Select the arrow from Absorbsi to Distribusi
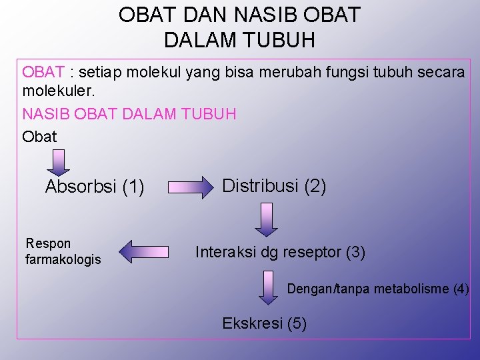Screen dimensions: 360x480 (x=189, y=187)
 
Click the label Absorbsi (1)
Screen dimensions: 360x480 (x=95, y=187)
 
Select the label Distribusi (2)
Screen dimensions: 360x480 (x=274, y=186)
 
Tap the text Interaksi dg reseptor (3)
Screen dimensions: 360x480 (x=280, y=253)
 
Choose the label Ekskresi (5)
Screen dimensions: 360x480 (x=264, y=324)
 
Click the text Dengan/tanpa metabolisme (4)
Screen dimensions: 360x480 (x=378, y=289)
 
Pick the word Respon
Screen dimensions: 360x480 (x=48, y=244)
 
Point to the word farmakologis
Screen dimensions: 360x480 (x=63, y=259)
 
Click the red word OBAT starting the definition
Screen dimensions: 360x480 (x=43, y=72)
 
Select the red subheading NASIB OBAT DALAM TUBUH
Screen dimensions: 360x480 (x=129, y=114)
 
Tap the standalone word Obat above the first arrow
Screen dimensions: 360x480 (x=40, y=136)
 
